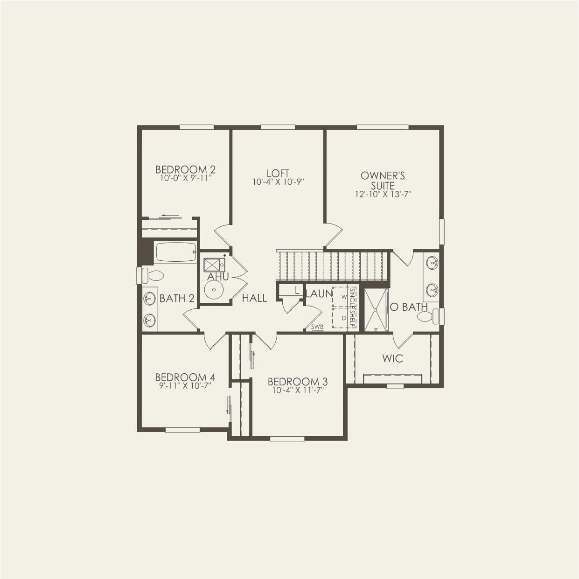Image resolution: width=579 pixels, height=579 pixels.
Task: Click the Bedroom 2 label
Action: pos(185,169)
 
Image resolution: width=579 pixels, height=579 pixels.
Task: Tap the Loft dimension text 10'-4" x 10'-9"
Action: pos(278,182)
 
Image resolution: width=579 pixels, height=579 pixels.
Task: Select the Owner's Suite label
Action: pos(383,181)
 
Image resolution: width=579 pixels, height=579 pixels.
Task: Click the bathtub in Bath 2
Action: pos(175,252)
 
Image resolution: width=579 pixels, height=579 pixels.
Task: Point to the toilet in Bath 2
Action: pos(152,275)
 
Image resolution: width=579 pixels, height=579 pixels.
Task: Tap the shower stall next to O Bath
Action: pos(376,310)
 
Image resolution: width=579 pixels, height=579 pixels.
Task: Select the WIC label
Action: pos(392,358)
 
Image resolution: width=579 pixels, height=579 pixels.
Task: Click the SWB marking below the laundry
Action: pos(317,327)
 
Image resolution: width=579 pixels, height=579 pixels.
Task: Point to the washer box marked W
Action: pos(344,297)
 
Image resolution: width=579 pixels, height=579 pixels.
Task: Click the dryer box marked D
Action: pos(344,318)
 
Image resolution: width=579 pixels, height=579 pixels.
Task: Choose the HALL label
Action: pos(254,298)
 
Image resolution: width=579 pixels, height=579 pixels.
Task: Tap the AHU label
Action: pos(218,277)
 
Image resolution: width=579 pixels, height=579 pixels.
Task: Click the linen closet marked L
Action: pos(297,290)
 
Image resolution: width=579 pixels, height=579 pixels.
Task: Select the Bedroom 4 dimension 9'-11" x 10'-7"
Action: pos(185,385)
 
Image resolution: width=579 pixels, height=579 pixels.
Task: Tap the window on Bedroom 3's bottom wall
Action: pos(287,438)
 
